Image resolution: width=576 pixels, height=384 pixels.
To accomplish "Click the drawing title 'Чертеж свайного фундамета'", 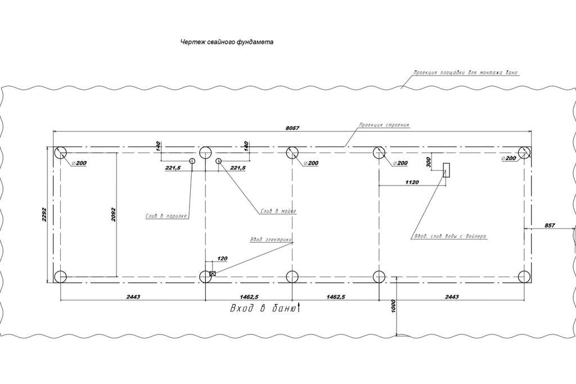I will [x=227, y=42].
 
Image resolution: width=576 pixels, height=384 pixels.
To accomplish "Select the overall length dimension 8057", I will [x=292, y=128].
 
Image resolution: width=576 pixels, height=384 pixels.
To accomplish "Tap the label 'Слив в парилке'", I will [x=166, y=214].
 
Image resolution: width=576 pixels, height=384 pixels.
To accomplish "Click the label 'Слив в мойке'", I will [x=278, y=211].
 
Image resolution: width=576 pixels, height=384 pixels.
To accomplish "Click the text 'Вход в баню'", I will [x=262, y=309].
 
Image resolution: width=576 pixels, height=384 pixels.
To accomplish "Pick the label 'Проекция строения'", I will [x=384, y=125].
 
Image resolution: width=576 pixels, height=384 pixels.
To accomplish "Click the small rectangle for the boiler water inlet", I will [x=446, y=170].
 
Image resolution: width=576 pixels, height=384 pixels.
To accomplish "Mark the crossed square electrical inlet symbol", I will [x=213, y=274].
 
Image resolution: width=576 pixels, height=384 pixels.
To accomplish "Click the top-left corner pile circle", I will [x=61, y=152].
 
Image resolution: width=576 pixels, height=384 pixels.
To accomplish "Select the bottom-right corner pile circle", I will [x=524, y=277].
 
